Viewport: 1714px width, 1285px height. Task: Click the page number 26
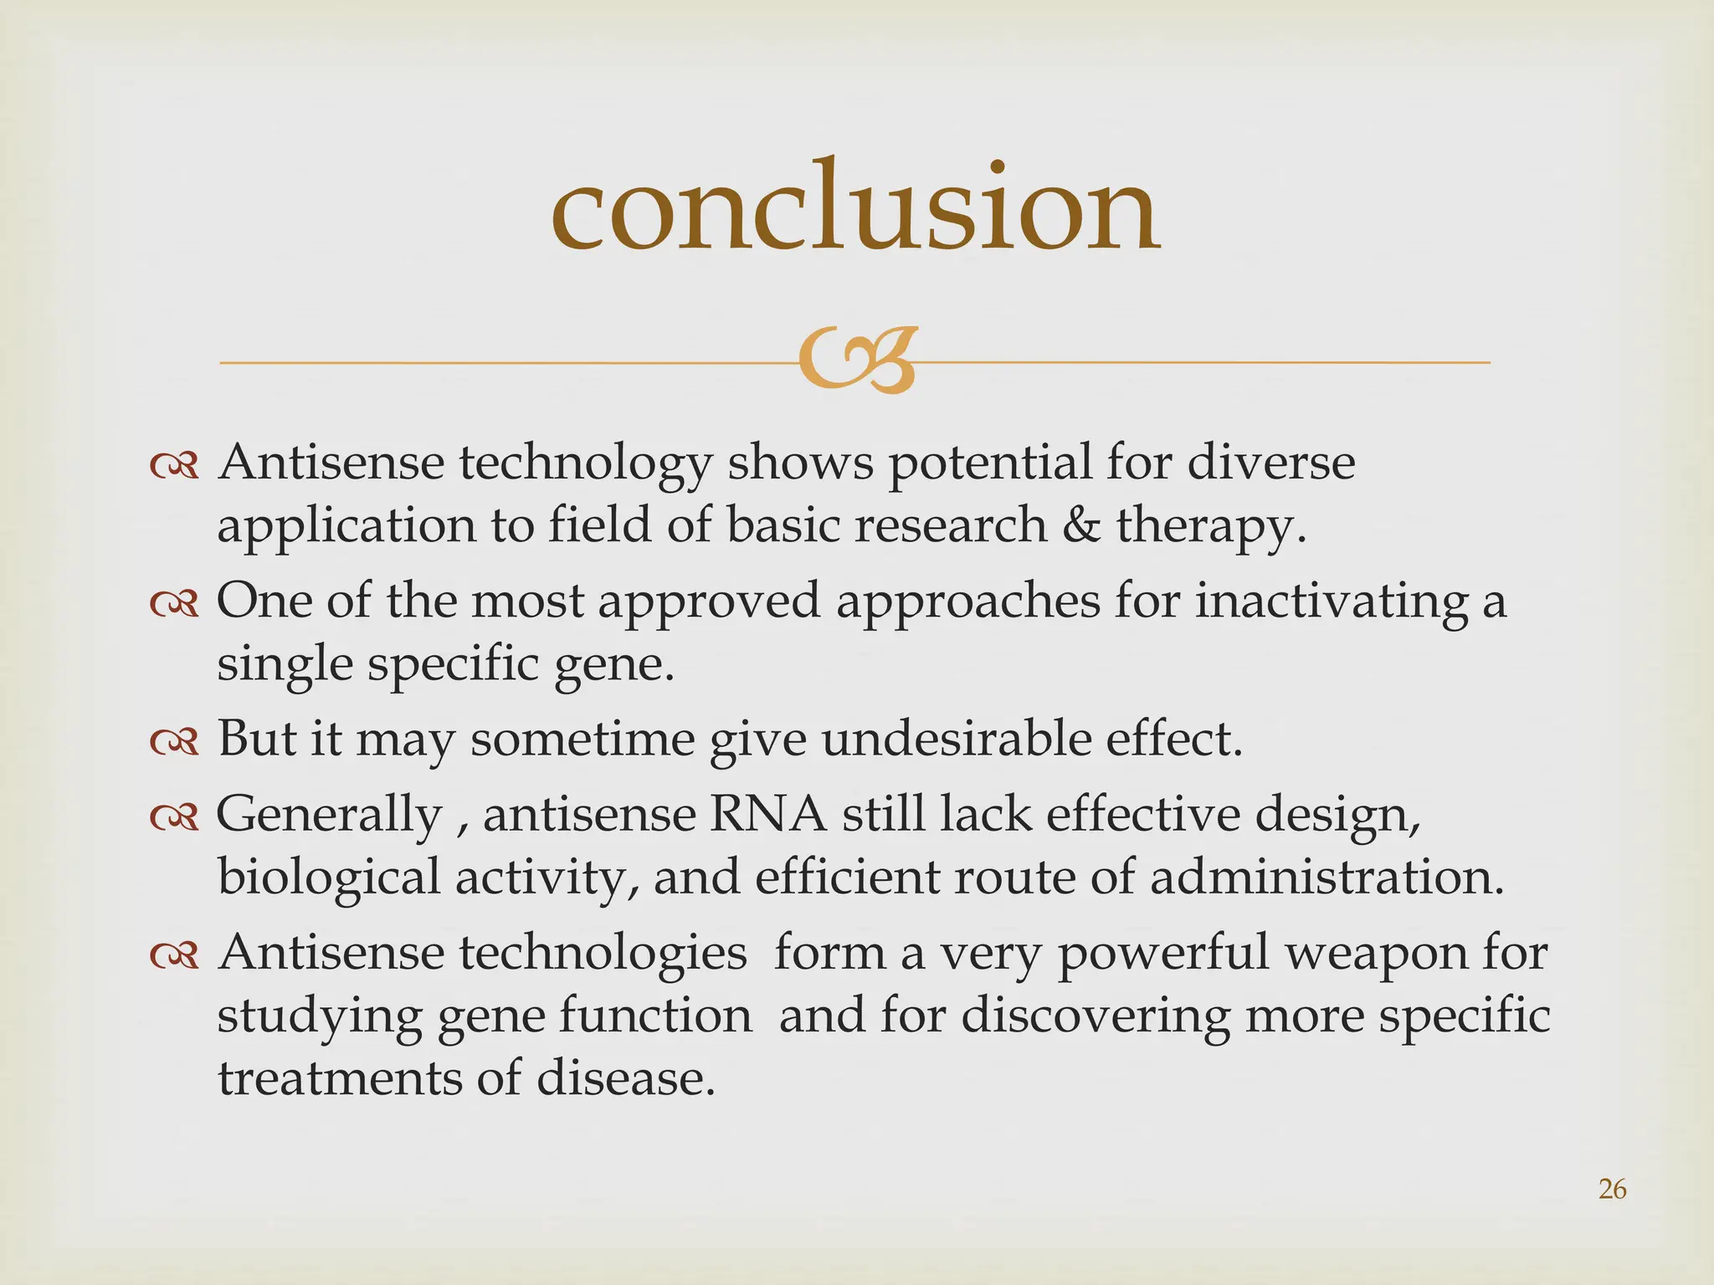coord(1612,1189)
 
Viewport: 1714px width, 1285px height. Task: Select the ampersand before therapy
coord(1081,526)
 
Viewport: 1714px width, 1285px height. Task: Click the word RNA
coord(767,814)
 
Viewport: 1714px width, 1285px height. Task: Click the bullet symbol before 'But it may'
coord(174,742)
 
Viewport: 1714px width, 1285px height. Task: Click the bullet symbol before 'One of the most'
coord(174,604)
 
